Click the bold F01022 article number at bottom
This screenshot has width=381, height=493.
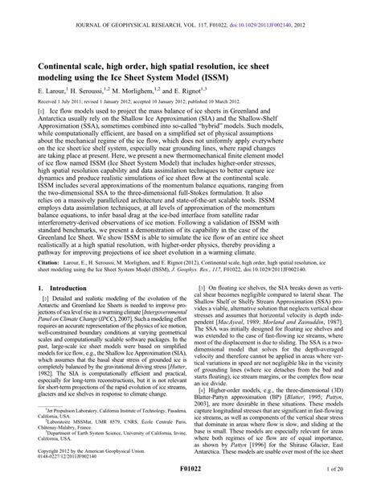pos(190,486)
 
